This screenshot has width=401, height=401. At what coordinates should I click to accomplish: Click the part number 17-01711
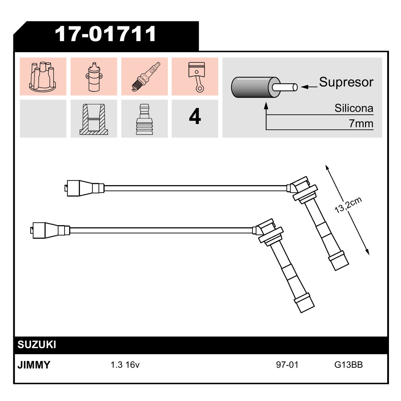(x=105, y=34)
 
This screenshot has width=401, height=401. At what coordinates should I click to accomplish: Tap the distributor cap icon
(x=43, y=76)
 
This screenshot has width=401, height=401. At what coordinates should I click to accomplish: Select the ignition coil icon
(x=94, y=77)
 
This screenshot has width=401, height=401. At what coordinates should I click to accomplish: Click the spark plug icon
(x=146, y=76)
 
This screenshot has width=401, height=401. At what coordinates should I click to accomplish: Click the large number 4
(x=195, y=116)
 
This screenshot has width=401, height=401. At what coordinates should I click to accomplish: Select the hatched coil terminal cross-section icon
(x=94, y=119)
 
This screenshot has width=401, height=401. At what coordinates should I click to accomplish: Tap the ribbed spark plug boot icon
(x=144, y=119)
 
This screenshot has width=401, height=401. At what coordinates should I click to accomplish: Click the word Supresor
(x=346, y=82)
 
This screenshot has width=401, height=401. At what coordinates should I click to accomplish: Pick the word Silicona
(x=354, y=108)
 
